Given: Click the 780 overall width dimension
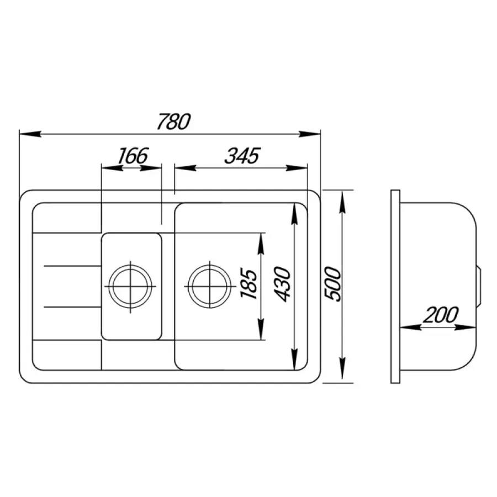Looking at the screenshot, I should [173, 121].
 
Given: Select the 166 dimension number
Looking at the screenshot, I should [133, 156].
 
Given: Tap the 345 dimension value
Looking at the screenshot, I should [242, 156].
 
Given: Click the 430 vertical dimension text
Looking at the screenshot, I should [282, 284].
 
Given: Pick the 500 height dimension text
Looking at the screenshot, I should [331, 284].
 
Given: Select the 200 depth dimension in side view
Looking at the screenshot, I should [441, 315].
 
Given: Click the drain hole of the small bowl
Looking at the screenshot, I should [130, 285].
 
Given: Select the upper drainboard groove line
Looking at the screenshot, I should [71, 267].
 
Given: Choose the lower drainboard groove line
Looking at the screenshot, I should [71, 305].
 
